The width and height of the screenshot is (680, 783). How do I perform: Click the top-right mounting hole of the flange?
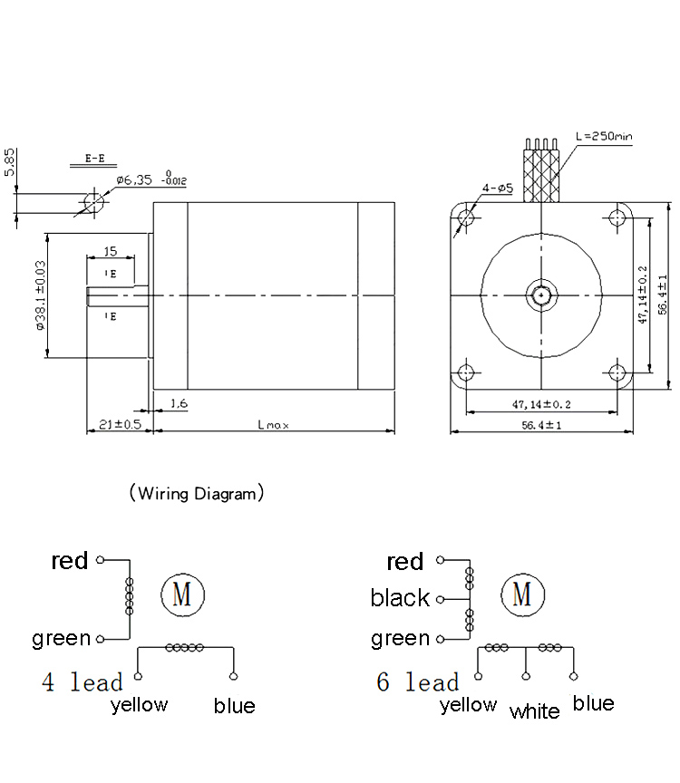tap(618, 217)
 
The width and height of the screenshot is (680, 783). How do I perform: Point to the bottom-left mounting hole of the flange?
tap(466, 372)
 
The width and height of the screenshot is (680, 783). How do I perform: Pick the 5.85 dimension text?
tap(9, 163)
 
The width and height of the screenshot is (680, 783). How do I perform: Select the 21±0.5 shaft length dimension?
tap(119, 423)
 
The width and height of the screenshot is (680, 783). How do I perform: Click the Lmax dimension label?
tap(273, 423)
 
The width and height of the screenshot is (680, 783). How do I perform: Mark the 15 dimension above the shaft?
tap(111, 251)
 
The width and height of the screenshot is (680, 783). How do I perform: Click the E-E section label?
tap(94, 158)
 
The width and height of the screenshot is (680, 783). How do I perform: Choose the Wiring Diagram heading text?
tap(197, 494)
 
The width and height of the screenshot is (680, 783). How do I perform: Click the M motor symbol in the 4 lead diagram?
tap(182, 594)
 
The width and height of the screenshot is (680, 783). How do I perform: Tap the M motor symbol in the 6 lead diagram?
tap(522, 594)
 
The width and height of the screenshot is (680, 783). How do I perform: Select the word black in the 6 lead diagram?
tap(400, 598)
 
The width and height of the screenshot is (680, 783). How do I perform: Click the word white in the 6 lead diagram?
tap(535, 711)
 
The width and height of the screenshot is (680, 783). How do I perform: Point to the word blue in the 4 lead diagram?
tap(235, 706)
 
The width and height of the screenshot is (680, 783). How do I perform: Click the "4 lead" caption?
tap(83, 681)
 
